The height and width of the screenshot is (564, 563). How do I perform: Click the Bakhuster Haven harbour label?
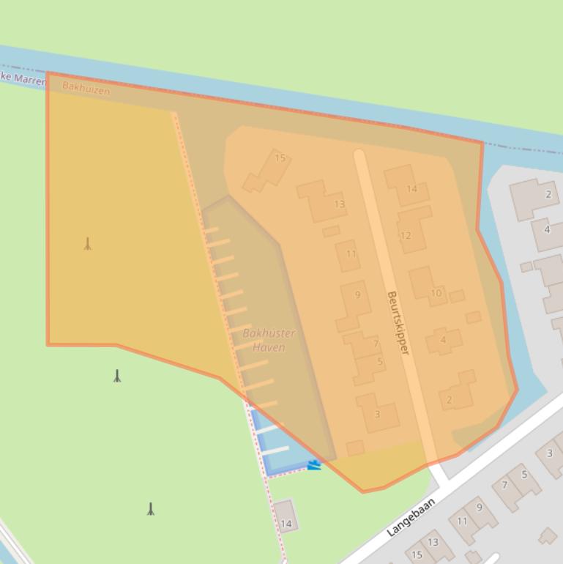point(269,340)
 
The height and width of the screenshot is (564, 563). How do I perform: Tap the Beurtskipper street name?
point(398,323)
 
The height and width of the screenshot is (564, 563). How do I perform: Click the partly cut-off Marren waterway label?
point(22,77)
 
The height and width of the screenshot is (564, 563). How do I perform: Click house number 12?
point(406,235)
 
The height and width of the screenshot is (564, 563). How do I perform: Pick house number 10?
point(436,293)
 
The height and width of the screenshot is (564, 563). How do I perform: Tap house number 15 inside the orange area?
point(280,157)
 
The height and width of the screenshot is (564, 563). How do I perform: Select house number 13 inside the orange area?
point(339,204)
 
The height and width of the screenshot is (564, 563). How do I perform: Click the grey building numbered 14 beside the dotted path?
point(286,523)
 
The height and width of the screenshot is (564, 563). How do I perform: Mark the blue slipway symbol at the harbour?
point(314,464)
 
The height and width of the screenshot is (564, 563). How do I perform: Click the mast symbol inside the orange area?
point(88,244)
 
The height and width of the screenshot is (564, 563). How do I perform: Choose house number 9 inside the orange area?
point(357,294)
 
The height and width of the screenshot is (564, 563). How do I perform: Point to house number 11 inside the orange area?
point(351,254)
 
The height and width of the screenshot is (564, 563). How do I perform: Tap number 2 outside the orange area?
point(548,194)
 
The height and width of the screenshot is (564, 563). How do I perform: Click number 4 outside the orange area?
point(546,229)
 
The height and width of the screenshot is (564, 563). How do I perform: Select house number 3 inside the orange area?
point(377,414)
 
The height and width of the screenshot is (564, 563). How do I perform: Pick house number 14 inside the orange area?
point(411,188)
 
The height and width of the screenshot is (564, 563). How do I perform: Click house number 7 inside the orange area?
point(376,343)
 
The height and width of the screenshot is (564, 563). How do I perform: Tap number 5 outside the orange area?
point(524,474)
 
